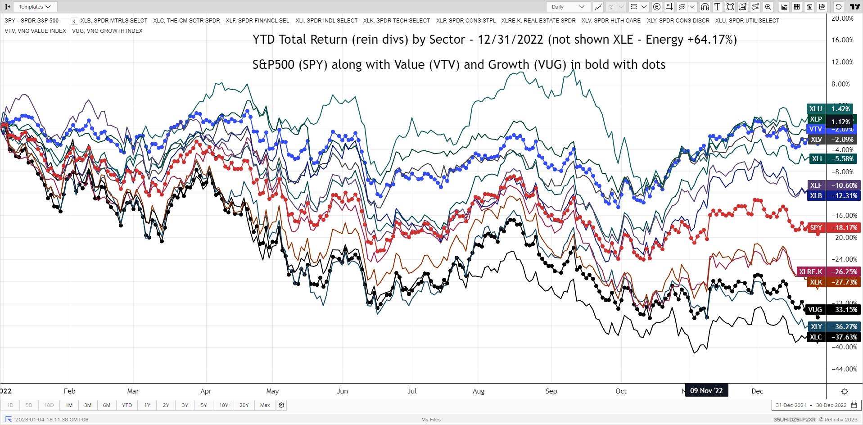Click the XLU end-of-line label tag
[816, 109]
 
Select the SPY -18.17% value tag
[844, 228]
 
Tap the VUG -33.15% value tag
[844, 310]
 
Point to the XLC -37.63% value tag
[844, 337]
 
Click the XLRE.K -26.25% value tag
[844, 272]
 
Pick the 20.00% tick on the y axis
[842, 18]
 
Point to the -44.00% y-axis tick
[844, 369]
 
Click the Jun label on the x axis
[342, 391]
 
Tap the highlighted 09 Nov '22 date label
[706, 391]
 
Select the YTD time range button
[127, 405]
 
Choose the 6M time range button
[107, 405]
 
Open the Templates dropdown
[35, 7]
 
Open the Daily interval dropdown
[568, 7]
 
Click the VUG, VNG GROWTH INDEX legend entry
[107, 31]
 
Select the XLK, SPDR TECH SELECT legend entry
[396, 21]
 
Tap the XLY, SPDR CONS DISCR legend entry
[678, 21]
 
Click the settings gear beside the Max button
[281, 405]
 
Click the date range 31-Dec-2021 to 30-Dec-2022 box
[811, 405]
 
